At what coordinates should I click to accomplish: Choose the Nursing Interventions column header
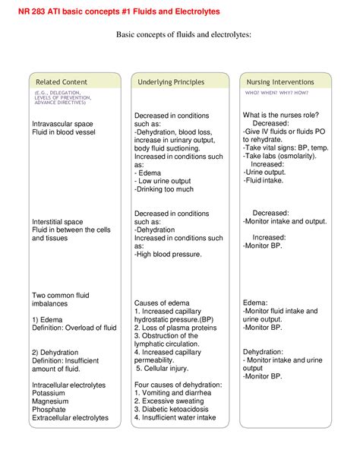point(280,81)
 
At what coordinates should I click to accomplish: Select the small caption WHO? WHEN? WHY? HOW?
point(276,92)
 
